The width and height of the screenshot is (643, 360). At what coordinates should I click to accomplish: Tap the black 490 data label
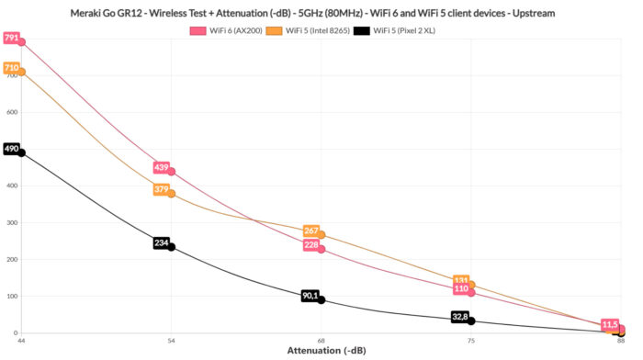pos(11,149)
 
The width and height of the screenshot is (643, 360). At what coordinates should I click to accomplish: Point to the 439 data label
pos(161,168)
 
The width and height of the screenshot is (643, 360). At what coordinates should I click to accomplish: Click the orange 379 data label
pos(161,190)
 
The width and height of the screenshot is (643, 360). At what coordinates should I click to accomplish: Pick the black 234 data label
pos(161,243)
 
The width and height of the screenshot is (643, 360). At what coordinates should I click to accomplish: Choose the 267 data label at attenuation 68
pos(310,231)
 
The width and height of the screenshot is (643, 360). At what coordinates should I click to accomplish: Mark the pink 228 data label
pos(310,245)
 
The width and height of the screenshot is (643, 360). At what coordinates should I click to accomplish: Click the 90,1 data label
pos(310,296)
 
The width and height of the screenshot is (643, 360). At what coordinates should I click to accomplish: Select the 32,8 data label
pos(460,317)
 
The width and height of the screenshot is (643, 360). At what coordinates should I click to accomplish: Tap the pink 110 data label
pos(461,288)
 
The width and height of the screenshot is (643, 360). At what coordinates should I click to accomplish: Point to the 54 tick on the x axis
pos(170,342)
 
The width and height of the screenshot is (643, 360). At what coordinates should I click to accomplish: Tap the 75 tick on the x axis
pos(470,342)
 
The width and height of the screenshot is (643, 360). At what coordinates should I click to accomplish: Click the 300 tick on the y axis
pos(12,223)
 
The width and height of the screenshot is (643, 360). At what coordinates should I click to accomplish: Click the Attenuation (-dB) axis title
pos(321,351)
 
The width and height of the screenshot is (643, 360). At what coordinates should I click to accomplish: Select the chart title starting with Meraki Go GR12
pos(321,13)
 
